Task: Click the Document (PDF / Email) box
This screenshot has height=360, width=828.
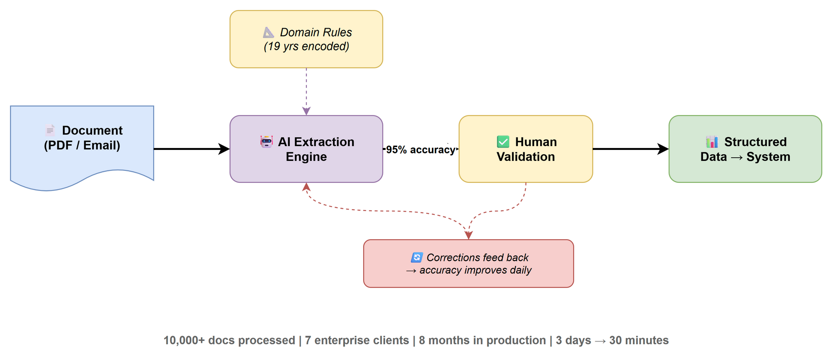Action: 82,143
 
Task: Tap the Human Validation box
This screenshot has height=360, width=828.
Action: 525,167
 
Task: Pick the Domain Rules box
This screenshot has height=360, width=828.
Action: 306,55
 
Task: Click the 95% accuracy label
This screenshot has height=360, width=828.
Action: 420,150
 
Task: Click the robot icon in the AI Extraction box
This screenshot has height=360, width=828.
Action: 266,142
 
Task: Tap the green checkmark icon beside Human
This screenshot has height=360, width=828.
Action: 503,142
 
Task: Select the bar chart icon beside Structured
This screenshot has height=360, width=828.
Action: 712,142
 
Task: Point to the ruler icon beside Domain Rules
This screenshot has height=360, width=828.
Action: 269,32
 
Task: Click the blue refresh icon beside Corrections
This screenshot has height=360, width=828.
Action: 417,257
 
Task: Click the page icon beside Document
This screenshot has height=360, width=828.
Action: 50,130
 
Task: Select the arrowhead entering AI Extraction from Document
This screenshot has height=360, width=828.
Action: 224,149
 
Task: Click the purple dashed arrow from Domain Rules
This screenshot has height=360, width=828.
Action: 306,91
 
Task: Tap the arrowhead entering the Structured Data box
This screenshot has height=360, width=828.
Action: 663,149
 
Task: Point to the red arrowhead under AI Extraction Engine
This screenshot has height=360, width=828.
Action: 306,187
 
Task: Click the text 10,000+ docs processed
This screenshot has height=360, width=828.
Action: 229,340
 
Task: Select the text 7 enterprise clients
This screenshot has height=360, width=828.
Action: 357,340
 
